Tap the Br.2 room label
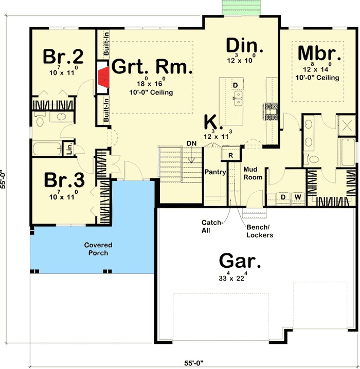[x=63, y=57]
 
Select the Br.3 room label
[x=64, y=180]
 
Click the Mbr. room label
[x=319, y=53]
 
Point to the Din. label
[x=244, y=45]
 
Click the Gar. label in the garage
[x=240, y=261]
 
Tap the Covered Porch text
[x=98, y=249]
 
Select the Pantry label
[x=215, y=172]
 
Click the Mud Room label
[x=253, y=173]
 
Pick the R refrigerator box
[x=231, y=155]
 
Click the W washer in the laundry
[x=298, y=197]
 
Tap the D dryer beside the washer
[x=283, y=197]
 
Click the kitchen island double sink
[x=238, y=98]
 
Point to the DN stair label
[x=191, y=143]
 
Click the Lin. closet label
[x=69, y=149]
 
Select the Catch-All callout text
[x=212, y=227]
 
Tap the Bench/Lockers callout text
[x=260, y=231]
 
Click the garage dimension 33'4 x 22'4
[x=233, y=277]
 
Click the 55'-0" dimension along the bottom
[x=193, y=363]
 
